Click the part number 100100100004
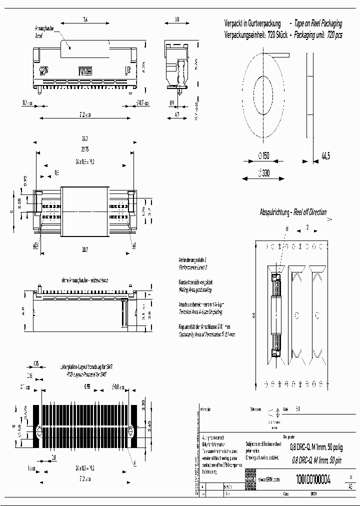(x=313, y=478)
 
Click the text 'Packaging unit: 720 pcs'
(x=318, y=36)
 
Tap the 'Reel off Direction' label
(x=309, y=212)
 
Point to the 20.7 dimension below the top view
(x=84, y=248)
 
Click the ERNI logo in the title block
(x=250, y=479)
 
